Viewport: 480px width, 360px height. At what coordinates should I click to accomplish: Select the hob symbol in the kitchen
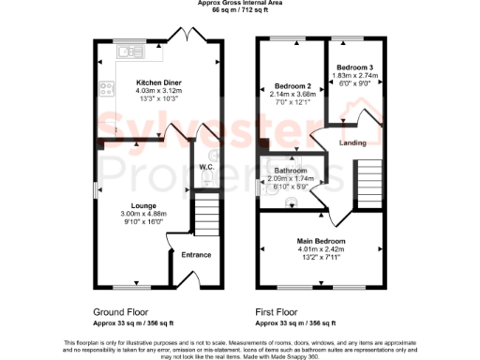point(106,91)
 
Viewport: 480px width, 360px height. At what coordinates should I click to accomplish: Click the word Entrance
point(196,255)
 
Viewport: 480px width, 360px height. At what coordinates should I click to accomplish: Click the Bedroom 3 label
point(355,67)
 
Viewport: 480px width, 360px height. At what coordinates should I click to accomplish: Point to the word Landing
point(352,143)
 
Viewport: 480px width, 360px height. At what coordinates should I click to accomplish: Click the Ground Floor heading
point(117,311)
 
